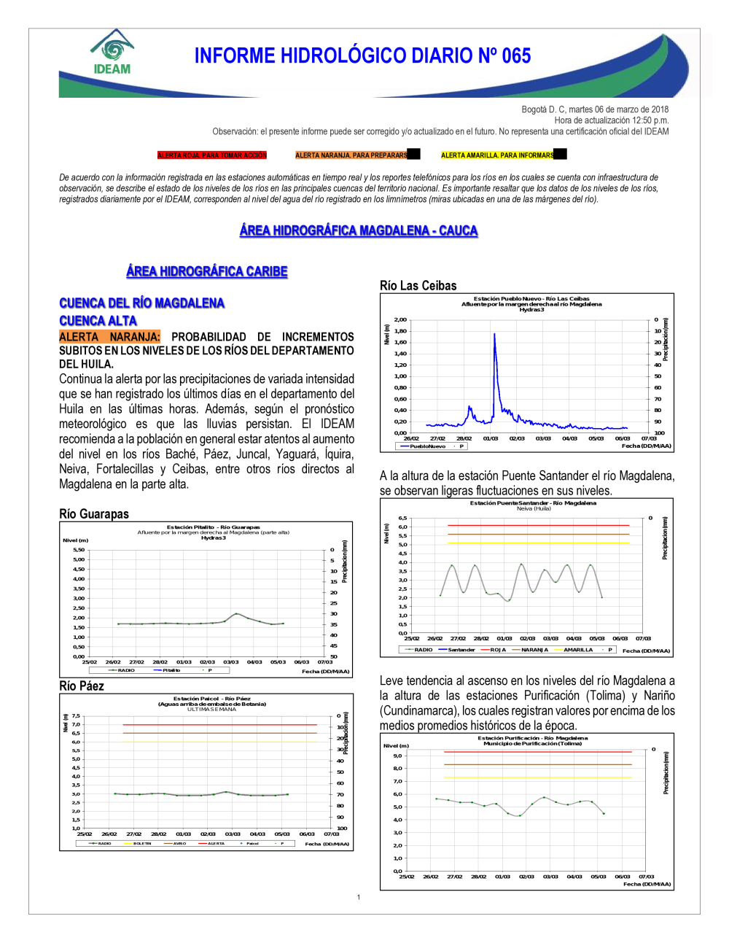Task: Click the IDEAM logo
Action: click(112, 53)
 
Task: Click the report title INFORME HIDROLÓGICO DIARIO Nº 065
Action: click(362, 56)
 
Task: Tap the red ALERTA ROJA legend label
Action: click(212, 155)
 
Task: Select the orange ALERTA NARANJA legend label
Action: click(351, 155)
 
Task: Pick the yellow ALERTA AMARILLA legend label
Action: click(497, 155)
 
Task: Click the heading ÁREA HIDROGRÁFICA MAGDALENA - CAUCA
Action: click(359, 230)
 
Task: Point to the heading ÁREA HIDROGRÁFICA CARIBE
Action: click(207, 271)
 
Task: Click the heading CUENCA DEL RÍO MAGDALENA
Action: click(142, 303)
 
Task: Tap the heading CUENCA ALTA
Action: click(98, 321)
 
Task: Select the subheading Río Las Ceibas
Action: click(418, 286)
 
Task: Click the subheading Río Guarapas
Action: click(94, 514)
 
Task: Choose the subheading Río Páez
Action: click(82, 686)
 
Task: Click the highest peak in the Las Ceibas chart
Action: click(494, 334)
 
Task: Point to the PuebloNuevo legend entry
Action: click(427, 446)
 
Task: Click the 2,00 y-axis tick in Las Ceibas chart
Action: click(400, 319)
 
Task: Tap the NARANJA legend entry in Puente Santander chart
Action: click(534, 650)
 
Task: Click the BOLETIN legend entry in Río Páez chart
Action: click(142, 843)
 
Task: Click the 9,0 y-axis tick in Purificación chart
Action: click(397, 756)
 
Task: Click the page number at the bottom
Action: click(359, 897)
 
